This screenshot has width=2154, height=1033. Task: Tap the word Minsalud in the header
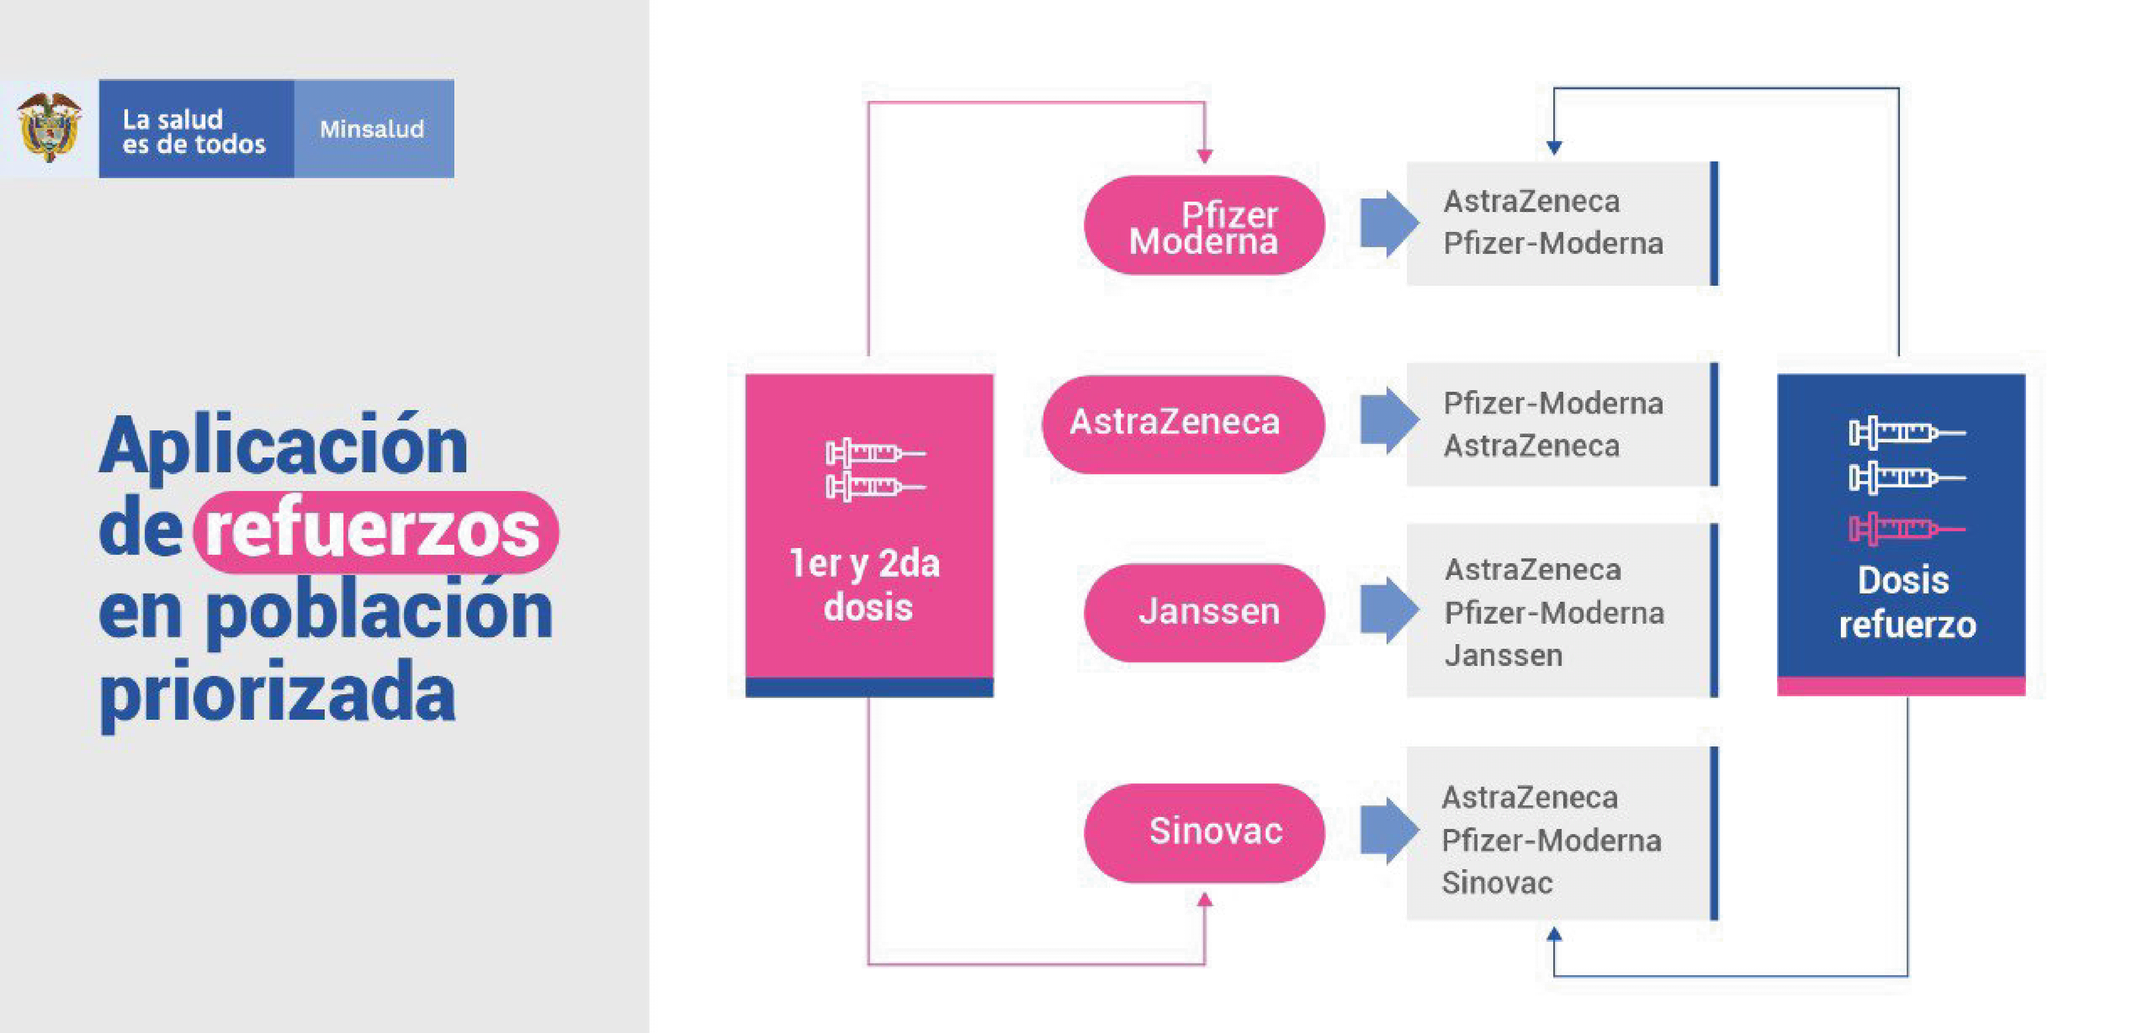[372, 129]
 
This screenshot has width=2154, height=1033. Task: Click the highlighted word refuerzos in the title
[375, 531]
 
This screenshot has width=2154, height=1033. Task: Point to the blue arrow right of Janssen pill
[1388, 610]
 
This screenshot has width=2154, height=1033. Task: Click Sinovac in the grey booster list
[1497, 883]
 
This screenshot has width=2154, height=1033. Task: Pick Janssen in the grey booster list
[1503, 655]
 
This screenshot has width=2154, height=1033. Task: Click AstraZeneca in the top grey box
[1531, 201]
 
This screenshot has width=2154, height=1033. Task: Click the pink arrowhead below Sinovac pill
[1204, 900]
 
